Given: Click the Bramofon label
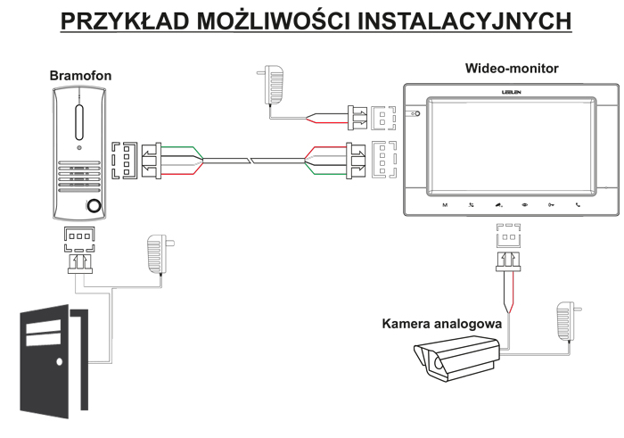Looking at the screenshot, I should [79, 77].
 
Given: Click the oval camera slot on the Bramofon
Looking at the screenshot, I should [78, 119].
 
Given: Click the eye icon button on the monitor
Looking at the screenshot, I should [525, 206].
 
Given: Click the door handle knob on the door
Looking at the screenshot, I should [59, 363].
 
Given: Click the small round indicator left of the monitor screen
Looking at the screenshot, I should [416, 114].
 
